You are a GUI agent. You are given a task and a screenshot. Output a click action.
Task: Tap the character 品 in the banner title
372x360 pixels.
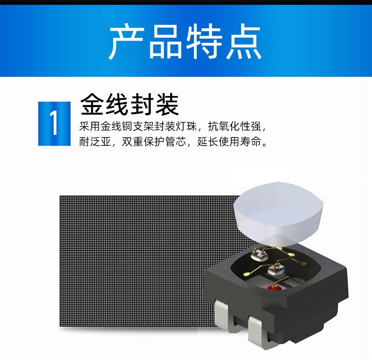coord(165,42)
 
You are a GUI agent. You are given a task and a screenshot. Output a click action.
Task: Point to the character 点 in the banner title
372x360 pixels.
coord(244,42)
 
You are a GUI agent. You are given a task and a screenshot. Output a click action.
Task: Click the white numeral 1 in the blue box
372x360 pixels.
coord(55,123)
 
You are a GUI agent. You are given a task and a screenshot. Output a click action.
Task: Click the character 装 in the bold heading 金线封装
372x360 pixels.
coord(167,104)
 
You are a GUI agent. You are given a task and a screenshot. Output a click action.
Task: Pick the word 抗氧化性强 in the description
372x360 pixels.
coord(235,126)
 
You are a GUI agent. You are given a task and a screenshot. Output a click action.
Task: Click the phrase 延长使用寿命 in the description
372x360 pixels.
coord(229,142)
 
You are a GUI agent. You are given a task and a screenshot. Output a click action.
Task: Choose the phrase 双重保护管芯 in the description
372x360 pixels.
coord(154,142)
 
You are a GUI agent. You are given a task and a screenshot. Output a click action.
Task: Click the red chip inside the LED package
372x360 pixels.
coord(274,288)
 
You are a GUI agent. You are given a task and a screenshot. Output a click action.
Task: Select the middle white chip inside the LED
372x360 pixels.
coord(276,270)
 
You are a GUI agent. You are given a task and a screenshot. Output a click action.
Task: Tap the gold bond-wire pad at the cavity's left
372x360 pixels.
coord(247,274)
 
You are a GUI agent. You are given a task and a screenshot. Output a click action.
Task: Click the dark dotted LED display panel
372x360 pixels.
coord(133,261)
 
